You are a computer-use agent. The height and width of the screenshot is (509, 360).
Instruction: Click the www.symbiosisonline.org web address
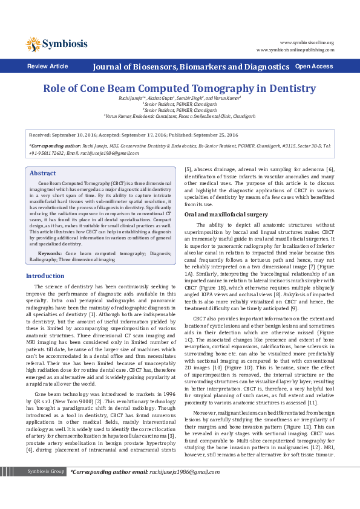coord(309,44)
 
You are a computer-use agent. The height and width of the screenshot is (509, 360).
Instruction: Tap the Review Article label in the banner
coord(48,66)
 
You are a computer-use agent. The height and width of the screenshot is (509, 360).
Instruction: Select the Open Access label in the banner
coord(313,66)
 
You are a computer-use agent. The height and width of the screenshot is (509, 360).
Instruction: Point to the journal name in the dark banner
coord(191,66)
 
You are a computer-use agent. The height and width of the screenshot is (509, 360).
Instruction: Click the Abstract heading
coord(43,157)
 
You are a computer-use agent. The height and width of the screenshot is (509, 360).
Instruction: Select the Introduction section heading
coord(45,276)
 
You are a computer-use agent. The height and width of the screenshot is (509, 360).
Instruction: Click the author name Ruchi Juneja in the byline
coord(130,98)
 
